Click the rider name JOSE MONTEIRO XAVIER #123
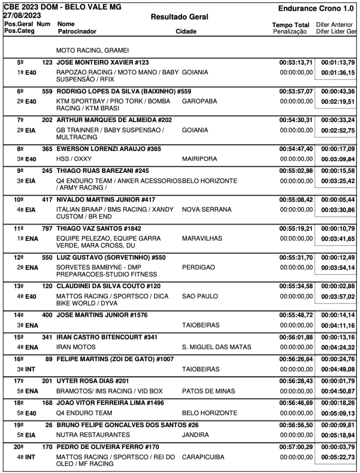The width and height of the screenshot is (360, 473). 102,62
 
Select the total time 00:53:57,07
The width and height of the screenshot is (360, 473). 296,91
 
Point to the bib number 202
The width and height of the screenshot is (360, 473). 47,120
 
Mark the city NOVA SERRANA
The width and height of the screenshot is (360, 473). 207,209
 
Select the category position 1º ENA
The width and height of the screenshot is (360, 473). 25,238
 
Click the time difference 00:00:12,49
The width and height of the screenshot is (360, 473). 338,257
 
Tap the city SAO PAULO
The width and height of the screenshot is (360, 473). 199,296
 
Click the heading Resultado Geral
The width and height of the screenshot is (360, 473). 180,17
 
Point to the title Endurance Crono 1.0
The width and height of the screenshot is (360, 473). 317,9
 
